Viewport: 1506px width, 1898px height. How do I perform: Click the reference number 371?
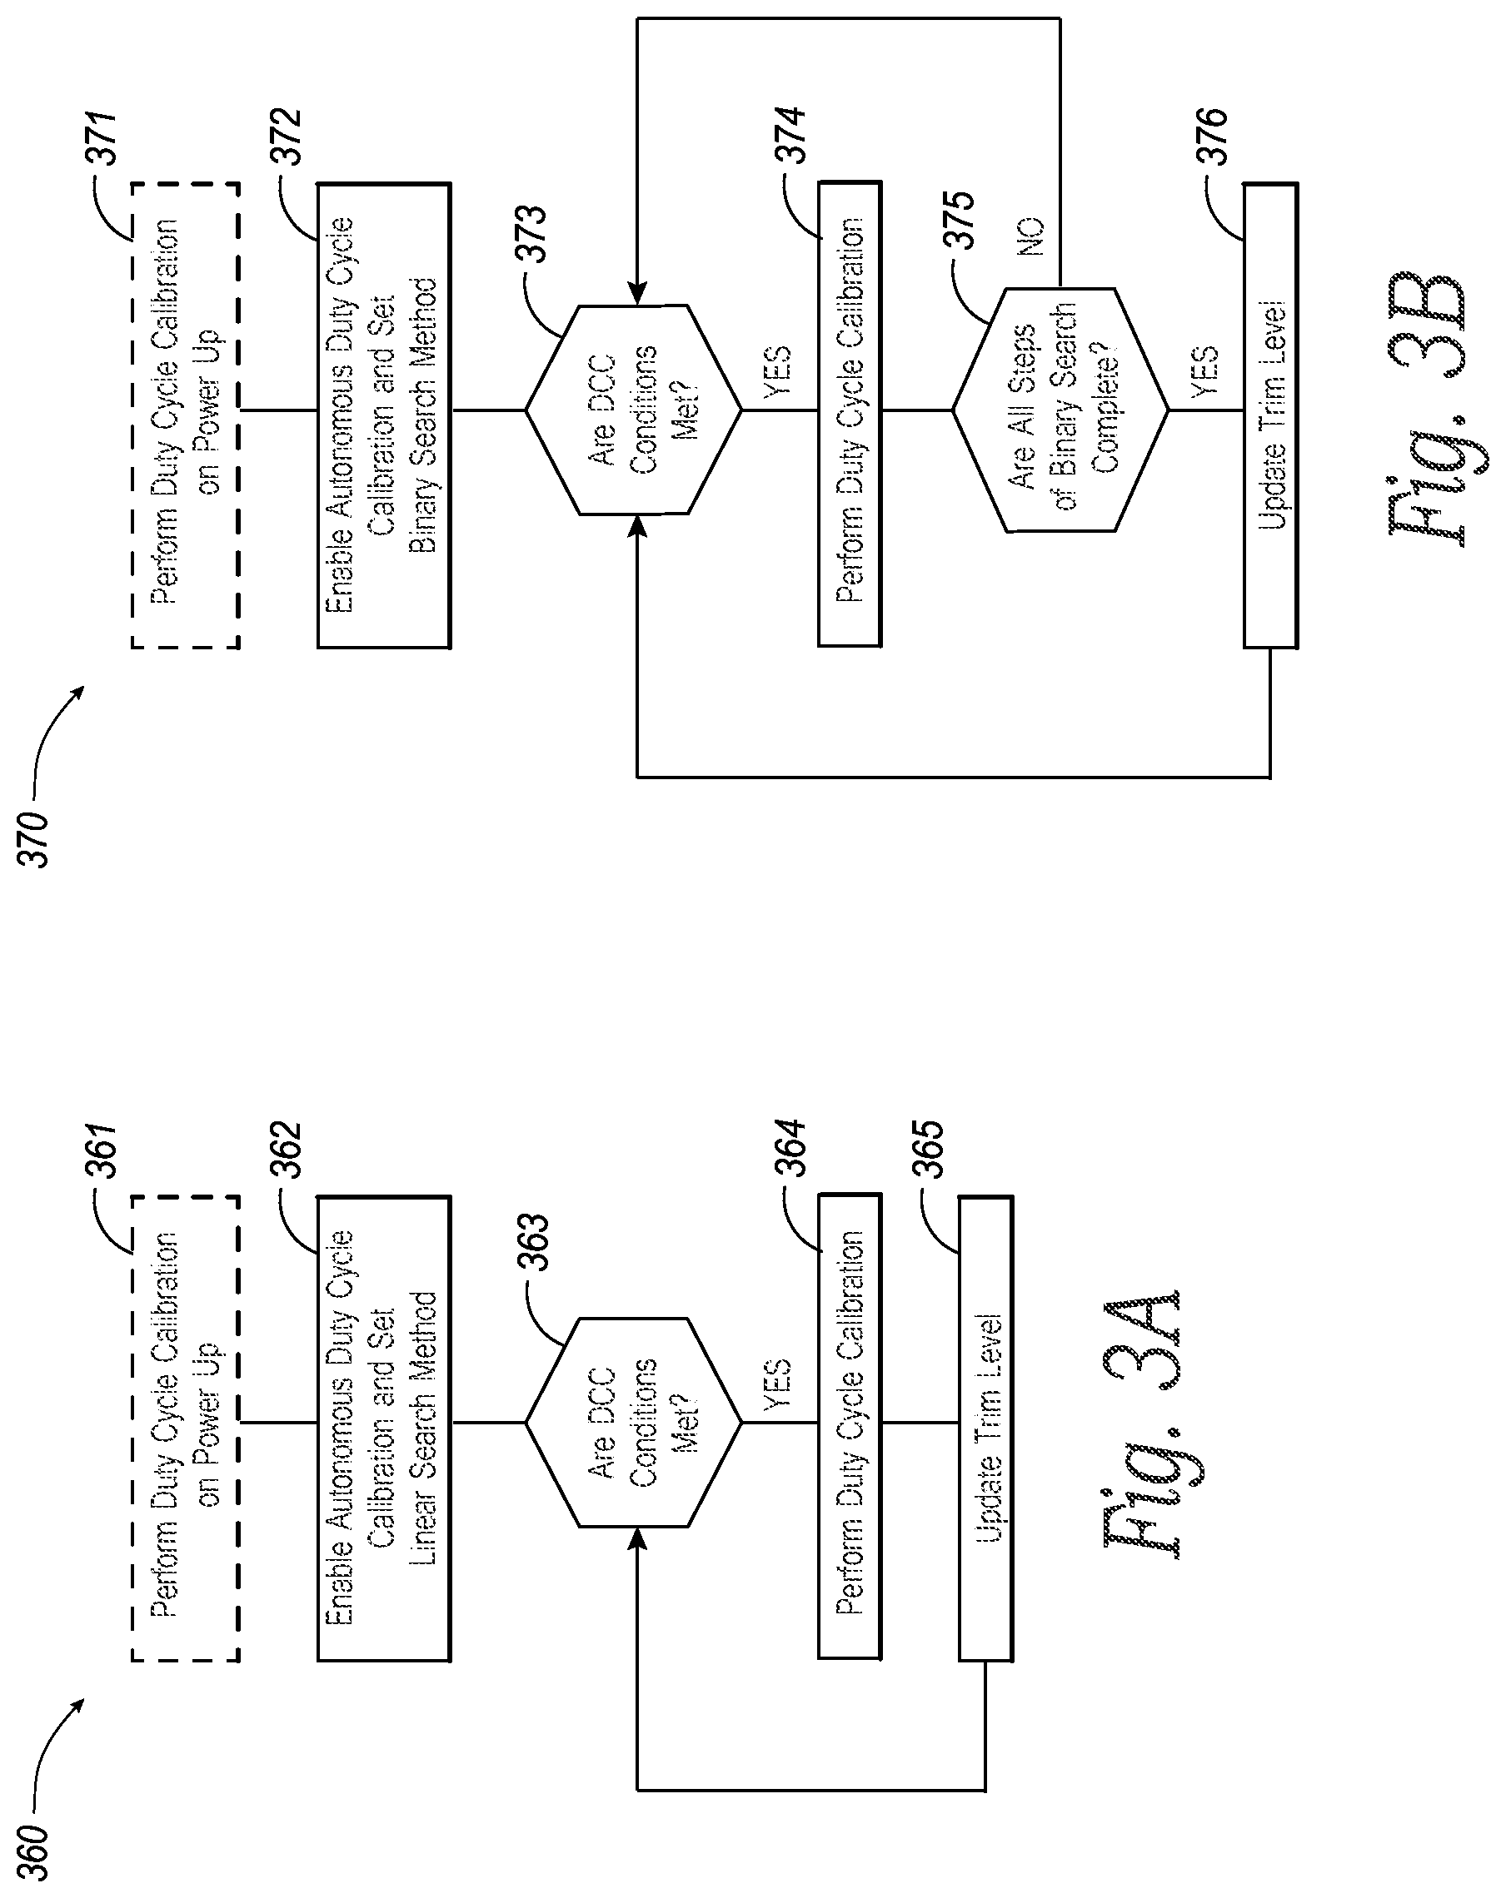click(105, 138)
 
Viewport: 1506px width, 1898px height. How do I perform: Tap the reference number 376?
click(1214, 137)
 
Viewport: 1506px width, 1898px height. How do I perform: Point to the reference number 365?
click(930, 1150)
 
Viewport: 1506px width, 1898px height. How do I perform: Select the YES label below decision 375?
click(1205, 370)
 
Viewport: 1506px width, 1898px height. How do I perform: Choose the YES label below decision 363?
click(778, 1384)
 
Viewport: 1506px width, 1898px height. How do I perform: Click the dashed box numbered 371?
click(185, 415)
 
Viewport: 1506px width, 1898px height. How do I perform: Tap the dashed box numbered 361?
click(185, 1428)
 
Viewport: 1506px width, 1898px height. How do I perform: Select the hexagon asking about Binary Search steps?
click(1060, 410)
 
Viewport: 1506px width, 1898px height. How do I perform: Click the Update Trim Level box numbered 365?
click(985, 1428)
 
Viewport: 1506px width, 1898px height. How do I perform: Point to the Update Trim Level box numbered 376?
click(1270, 415)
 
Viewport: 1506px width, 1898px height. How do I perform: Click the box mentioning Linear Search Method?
click(384, 1428)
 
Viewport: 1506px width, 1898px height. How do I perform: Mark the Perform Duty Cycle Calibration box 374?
click(850, 414)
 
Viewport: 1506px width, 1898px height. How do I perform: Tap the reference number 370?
click(35, 840)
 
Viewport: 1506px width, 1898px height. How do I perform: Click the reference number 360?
click(35, 1851)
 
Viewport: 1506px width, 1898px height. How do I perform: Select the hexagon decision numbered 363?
click(634, 1423)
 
